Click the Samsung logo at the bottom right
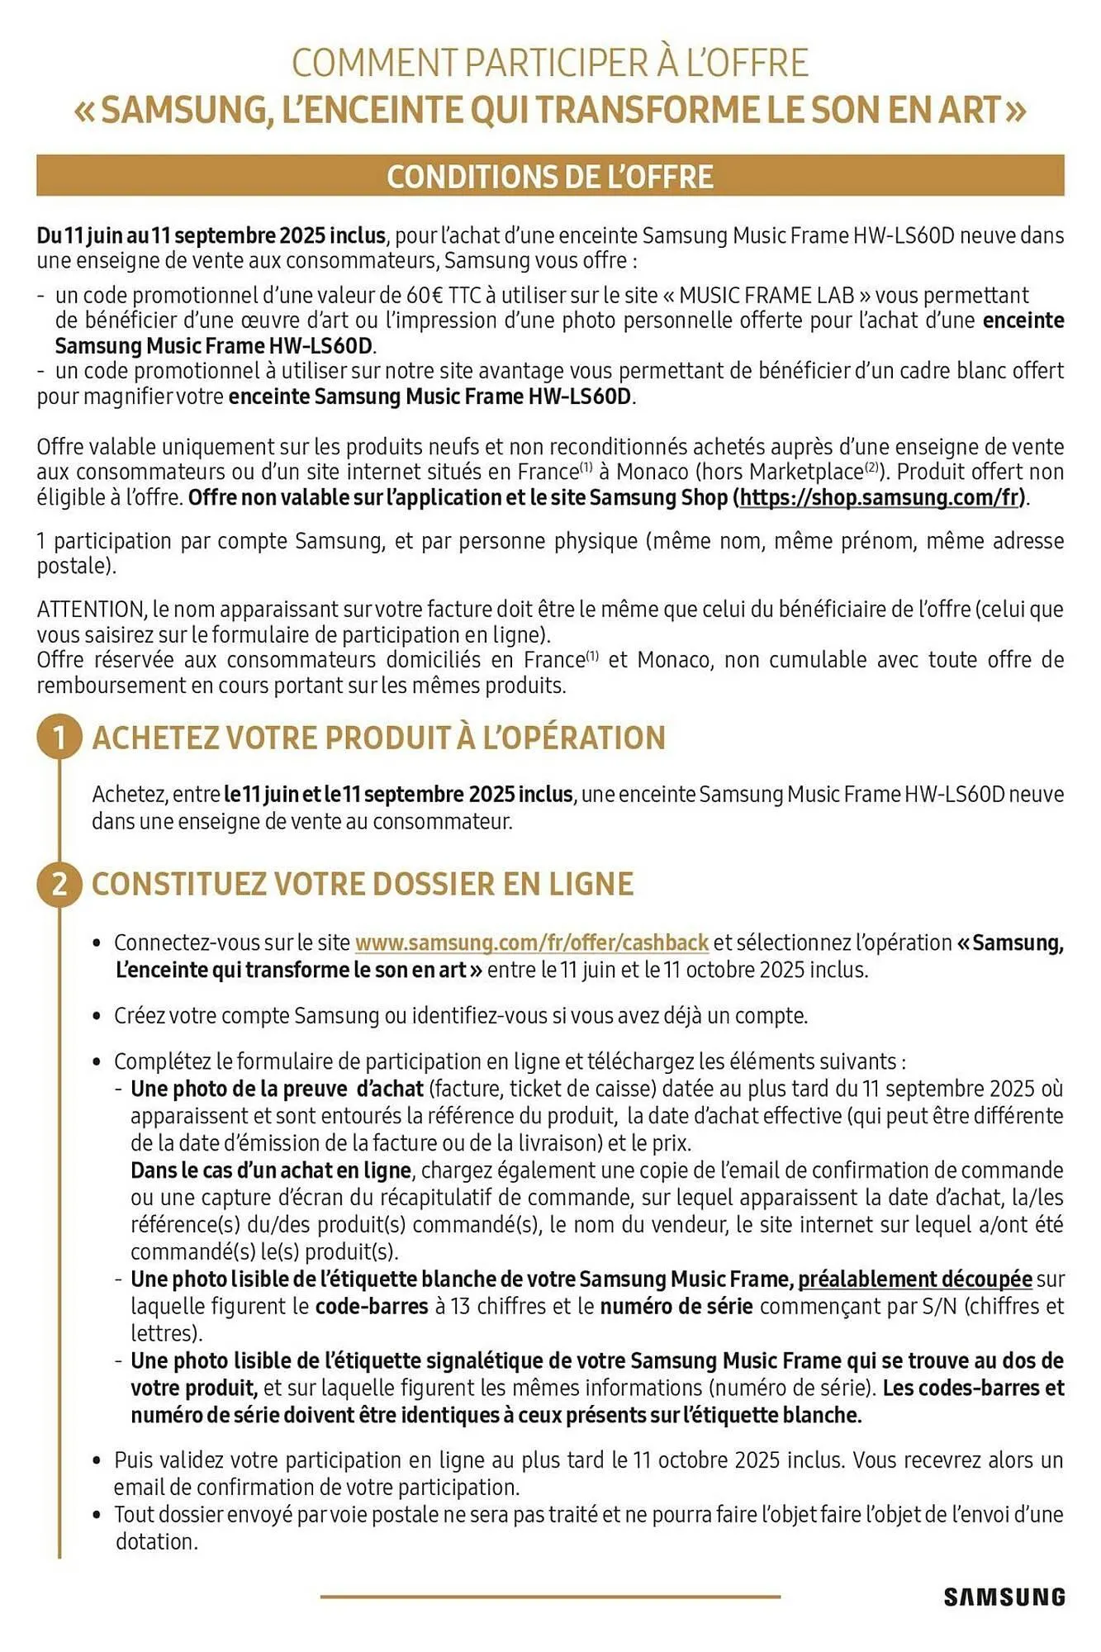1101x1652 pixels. (x=1004, y=1597)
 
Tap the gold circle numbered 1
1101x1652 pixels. (x=59, y=738)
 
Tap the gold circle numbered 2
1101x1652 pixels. (x=59, y=884)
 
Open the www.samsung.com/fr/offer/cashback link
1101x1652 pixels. (x=531, y=942)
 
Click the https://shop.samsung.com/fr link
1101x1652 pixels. (x=881, y=497)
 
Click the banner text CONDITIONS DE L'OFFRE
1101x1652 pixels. (x=550, y=177)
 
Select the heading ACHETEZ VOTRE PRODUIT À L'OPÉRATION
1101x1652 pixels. (x=378, y=738)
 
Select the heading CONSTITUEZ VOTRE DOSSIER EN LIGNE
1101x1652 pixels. (x=362, y=884)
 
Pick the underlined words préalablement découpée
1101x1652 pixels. (x=914, y=1279)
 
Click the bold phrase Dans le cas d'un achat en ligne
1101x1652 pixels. (x=271, y=1170)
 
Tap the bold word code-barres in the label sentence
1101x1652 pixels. (x=372, y=1306)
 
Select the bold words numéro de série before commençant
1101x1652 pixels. (x=676, y=1306)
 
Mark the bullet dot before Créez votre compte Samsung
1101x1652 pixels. (x=97, y=1016)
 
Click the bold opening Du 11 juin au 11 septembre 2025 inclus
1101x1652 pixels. (x=211, y=235)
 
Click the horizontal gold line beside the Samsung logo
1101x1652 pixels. (x=550, y=1597)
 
